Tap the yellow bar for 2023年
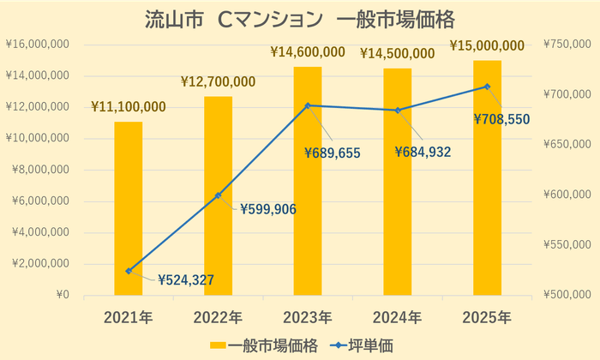(308, 181)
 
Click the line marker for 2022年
(218, 195)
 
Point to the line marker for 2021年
(129, 271)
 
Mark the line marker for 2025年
(487, 87)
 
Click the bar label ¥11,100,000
(129, 107)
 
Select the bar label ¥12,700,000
(218, 82)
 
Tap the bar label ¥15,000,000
(487, 45)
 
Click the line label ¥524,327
(185, 279)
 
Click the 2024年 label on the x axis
(397, 318)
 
